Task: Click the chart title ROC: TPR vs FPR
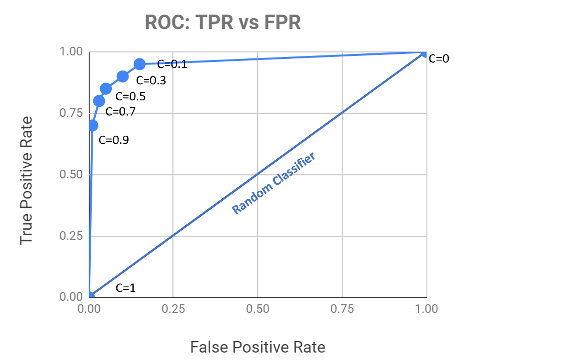[223, 23]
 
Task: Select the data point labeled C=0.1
[140, 64]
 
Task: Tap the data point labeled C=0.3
[122, 76]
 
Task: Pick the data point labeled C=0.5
[106, 89]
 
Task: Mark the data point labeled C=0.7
[99, 101]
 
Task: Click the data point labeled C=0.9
[93, 126]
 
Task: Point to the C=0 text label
[439, 59]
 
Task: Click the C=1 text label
[126, 288]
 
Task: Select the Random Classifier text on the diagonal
[274, 184]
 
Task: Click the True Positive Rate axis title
[27, 180]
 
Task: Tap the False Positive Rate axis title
[258, 347]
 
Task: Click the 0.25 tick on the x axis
[173, 309]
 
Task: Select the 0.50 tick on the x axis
[258, 309]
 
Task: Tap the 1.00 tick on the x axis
[426, 309]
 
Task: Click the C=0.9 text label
[113, 140]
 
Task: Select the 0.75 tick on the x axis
[342, 309]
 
